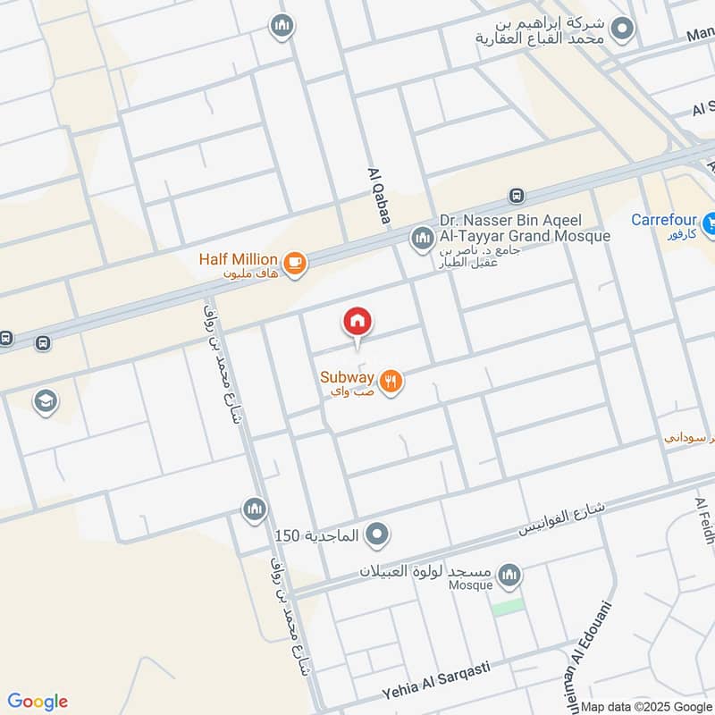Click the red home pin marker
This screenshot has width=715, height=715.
pyautogui.click(x=357, y=321)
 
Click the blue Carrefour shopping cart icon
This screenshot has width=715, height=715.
pyautogui.click(x=709, y=221)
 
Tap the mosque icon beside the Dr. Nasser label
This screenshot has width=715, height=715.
pyautogui.click(x=421, y=239)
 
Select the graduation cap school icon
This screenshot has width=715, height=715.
pyautogui.click(x=44, y=401)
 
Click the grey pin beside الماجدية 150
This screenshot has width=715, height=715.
pyautogui.click(x=378, y=534)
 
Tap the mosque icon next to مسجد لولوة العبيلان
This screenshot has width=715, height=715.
pyautogui.click(x=509, y=573)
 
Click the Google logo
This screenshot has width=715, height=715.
pyautogui.click(x=38, y=702)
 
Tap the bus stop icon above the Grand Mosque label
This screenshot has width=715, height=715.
pyautogui.click(x=516, y=196)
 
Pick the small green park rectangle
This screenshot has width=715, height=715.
pyautogui.click(x=508, y=605)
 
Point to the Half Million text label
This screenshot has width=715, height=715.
pyautogui.click(x=238, y=259)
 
